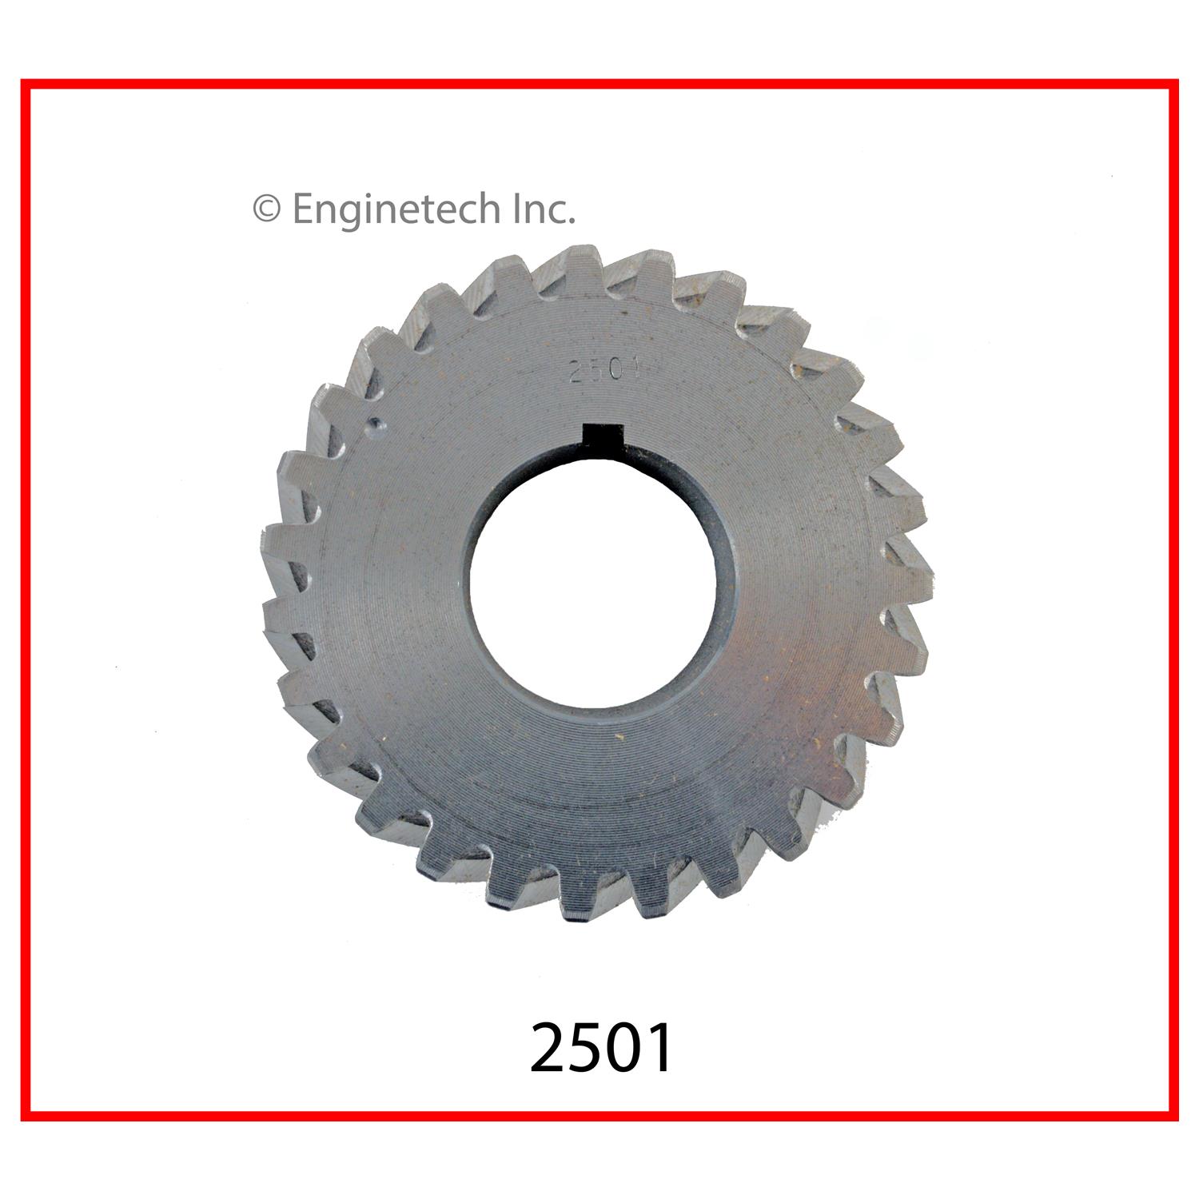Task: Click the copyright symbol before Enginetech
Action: click(x=267, y=210)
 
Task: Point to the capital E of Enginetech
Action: click(x=303, y=209)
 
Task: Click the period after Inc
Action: click(x=571, y=221)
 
